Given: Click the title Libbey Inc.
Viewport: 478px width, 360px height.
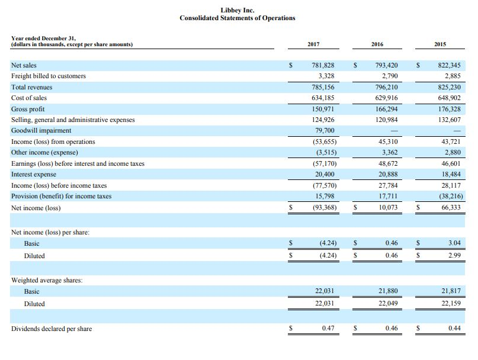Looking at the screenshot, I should [x=237, y=10].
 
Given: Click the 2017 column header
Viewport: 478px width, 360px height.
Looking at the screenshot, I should [x=314, y=44].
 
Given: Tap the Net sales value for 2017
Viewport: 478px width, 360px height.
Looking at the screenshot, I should [x=323, y=65].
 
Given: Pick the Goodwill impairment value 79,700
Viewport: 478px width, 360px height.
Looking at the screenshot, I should [x=324, y=131].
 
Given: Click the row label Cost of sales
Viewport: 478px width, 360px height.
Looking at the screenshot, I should [x=29, y=98].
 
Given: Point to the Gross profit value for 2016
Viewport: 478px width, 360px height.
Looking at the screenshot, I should [x=386, y=109].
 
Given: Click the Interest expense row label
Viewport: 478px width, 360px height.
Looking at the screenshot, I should [x=34, y=175].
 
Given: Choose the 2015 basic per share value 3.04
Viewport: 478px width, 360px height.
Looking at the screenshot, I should [x=454, y=243].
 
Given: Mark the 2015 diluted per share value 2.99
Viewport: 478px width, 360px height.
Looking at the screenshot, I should [x=454, y=256].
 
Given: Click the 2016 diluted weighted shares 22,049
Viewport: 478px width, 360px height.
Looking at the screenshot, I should [x=387, y=304].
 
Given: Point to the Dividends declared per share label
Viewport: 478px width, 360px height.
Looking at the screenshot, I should [x=52, y=329].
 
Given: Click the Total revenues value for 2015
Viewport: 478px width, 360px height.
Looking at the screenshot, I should [x=449, y=87].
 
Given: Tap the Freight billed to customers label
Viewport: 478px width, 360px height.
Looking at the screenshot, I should [x=49, y=76].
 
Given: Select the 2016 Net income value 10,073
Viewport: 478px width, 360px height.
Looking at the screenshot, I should [x=387, y=208].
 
